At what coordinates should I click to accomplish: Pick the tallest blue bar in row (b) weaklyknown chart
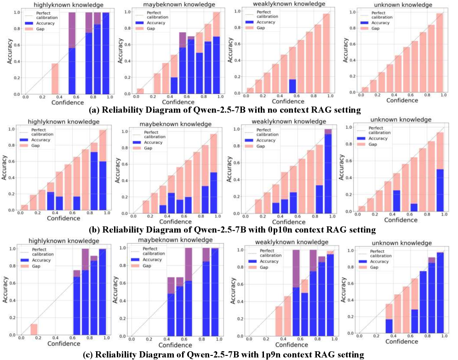(328, 173)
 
